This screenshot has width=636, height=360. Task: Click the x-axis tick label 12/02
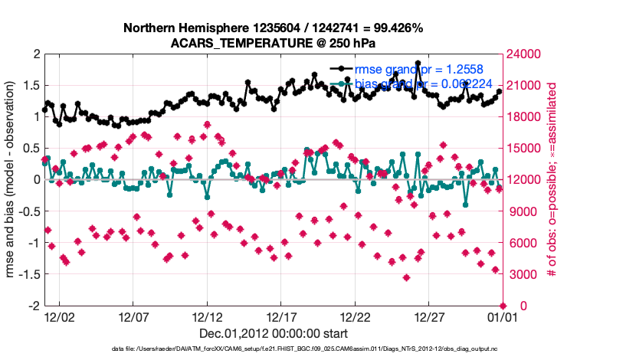point(60,316)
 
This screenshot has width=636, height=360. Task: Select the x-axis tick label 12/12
point(207,316)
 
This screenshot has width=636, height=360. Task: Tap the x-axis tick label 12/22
point(354,316)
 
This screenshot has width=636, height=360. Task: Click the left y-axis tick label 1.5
point(30,85)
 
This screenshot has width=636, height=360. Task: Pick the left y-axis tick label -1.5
point(28,274)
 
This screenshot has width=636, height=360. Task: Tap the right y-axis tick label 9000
point(520,211)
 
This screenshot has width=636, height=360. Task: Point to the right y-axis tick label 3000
point(520,274)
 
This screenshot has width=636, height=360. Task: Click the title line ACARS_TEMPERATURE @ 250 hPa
point(273,42)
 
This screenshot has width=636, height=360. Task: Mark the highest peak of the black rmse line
point(418,64)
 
